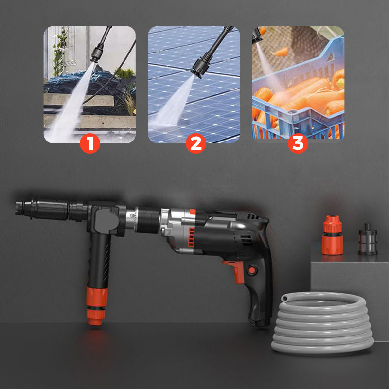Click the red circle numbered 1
click(x=90, y=143)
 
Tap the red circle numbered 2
click(x=196, y=143)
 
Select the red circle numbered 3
click(x=298, y=143)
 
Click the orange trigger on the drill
click(x=235, y=271)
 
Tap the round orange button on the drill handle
click(x=252, y=270)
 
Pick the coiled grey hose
click(x=322, y=322)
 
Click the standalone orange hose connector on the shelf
click(x=333, y=235)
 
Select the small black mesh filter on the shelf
click(x=368, y=239)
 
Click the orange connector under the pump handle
click(x=97, y=306)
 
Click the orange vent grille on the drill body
click(x=191, y=237)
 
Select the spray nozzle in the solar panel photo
click(x=201, y=68)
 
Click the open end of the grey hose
click(x=284, y=298)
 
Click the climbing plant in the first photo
click(x=60, y=52)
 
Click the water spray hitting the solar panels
click(x=174, y=104)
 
